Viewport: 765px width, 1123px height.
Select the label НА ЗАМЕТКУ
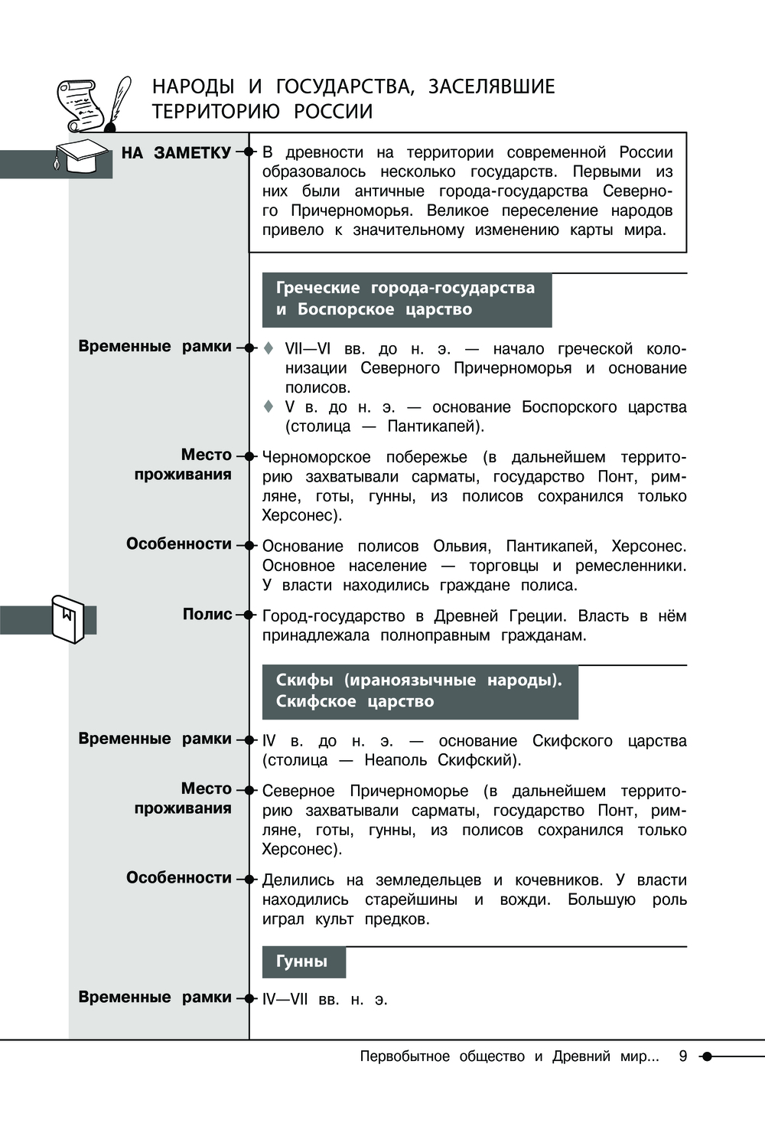176,153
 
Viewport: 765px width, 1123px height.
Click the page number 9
682,1056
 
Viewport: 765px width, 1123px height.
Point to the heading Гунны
302,961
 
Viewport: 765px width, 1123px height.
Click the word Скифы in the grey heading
304,680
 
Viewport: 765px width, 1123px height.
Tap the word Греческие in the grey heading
317,288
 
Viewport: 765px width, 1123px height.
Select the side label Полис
207,614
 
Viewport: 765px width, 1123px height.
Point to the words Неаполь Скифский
441,760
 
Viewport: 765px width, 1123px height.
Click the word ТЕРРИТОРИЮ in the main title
216,112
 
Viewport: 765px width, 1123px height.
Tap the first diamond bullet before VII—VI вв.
269,348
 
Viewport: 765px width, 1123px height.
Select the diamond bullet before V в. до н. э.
269,406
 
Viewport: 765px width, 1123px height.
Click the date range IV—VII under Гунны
285,1000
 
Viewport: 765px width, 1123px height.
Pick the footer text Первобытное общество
442,1056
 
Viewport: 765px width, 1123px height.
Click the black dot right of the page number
707,1056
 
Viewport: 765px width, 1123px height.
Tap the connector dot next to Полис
249,615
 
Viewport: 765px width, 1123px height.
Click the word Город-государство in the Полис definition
333,616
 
